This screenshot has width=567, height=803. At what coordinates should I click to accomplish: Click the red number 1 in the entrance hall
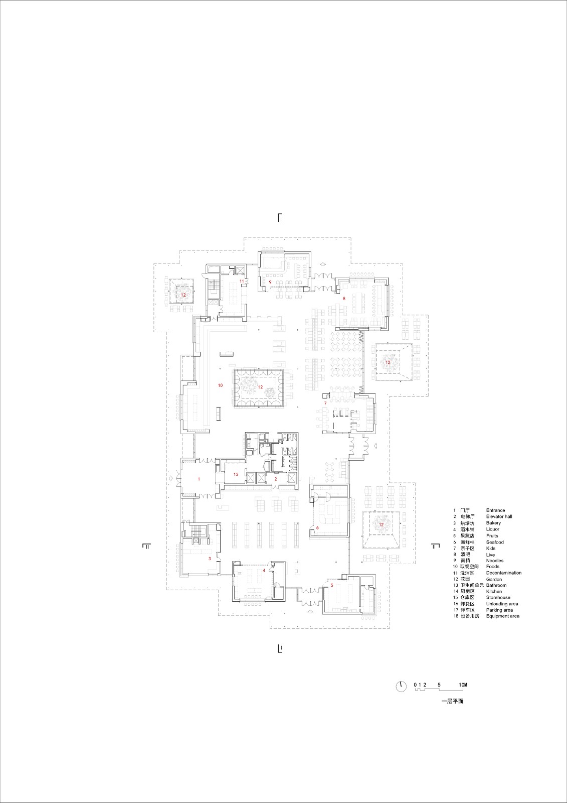[199, 479]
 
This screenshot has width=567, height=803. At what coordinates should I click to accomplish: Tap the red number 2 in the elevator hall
[275, 479]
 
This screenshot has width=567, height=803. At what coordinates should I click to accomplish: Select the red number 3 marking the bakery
[210, 558]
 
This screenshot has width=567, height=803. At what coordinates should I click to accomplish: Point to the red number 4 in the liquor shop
[264, 571]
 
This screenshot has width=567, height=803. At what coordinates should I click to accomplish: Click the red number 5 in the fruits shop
[331, 585]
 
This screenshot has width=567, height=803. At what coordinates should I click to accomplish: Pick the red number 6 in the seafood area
[317, 527]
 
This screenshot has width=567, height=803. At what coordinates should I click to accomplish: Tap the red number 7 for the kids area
[325, 404]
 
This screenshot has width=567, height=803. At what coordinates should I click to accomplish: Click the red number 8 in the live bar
[344, 299]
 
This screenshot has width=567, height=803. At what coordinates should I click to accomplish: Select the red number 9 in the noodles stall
[270, 283]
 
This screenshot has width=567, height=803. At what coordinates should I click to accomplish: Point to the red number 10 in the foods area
[220, 385]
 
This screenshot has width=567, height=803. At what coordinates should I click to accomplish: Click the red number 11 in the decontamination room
[242, 281]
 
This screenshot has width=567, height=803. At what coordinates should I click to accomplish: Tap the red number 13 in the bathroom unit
[236, 474]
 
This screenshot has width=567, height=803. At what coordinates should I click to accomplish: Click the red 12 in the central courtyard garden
[260, 387]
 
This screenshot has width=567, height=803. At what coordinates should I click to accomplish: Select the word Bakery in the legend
[493, 523]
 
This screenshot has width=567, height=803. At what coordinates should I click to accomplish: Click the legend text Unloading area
[502, 604]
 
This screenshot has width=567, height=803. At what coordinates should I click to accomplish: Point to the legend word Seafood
[495, 542]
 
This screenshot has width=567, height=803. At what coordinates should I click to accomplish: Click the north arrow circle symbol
[401, 686]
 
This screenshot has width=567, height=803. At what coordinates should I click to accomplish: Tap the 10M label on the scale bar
[462, 685]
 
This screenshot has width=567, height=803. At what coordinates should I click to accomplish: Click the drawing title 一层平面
[452, 701]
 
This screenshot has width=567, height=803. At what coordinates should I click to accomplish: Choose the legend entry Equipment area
[502, 616]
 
